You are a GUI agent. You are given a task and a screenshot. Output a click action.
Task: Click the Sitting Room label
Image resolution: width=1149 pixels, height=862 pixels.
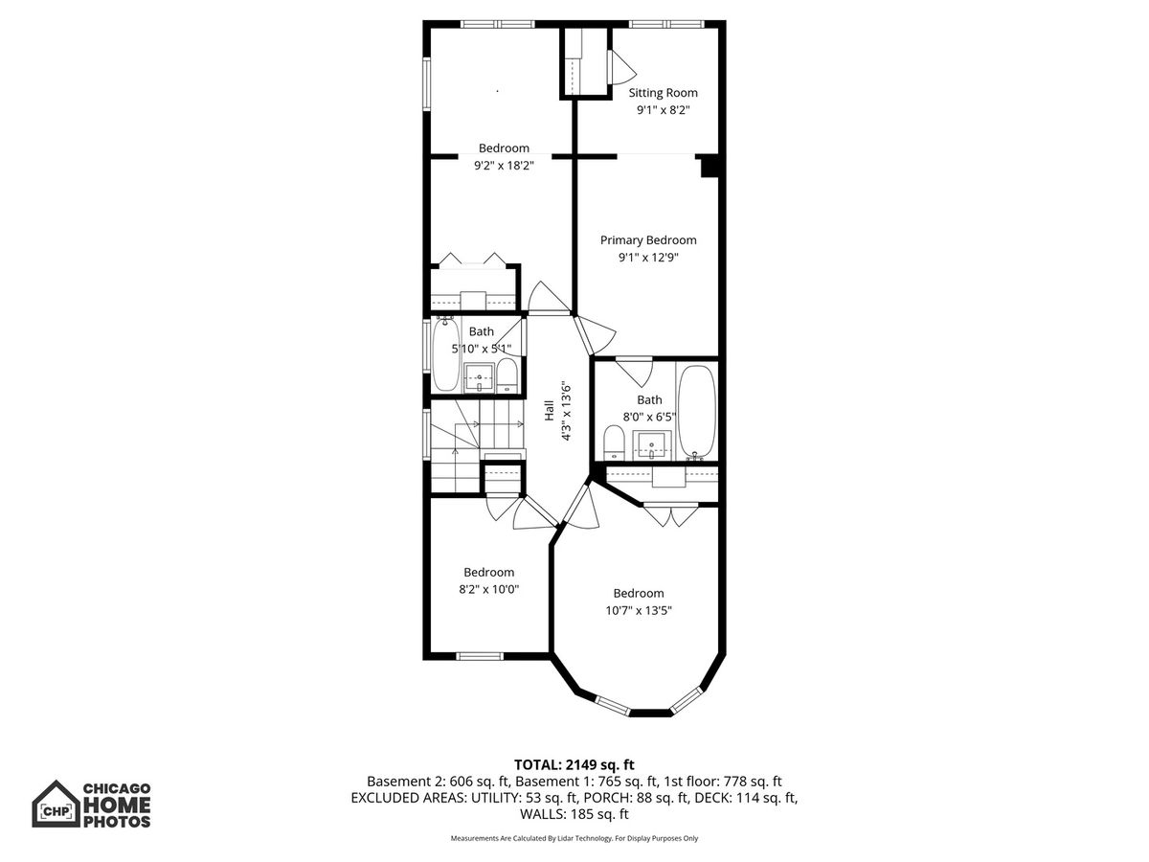(663, 93)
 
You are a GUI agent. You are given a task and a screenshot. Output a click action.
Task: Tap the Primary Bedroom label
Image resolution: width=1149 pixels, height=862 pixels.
(648, 240)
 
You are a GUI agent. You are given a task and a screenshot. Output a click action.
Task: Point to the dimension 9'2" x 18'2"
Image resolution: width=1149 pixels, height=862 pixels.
(504, 166)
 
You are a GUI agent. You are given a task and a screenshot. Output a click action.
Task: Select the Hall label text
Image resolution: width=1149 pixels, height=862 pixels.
(549, 410)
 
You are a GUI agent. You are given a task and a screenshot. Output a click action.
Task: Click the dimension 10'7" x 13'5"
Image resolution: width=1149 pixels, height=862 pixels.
(638, 610)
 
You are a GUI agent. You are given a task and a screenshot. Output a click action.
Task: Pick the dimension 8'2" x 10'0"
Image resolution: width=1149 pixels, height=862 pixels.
(488, 589)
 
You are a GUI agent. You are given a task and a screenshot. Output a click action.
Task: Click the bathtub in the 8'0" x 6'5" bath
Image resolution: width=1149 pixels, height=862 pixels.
(697, 413)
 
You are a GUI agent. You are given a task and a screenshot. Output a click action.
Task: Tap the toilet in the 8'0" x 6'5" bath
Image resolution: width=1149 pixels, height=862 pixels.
(614, 442)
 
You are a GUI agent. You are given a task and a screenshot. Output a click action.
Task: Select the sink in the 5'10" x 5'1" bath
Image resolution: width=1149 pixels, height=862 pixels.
(479, 378)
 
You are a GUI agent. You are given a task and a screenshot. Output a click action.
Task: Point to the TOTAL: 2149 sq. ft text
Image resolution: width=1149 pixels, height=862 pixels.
(574, 764)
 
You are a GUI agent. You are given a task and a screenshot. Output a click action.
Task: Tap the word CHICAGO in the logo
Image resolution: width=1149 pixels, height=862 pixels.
(117, 788)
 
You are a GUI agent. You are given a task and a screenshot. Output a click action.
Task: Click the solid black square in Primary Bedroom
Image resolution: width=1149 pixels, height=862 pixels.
(710, 167)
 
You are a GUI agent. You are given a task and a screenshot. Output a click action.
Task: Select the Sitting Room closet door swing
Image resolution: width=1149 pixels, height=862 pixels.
(621, 67)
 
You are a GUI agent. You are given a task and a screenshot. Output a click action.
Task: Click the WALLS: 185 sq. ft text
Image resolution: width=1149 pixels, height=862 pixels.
(574, 814)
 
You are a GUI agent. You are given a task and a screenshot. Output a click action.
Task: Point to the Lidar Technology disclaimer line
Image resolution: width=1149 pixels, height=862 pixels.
(574, 838)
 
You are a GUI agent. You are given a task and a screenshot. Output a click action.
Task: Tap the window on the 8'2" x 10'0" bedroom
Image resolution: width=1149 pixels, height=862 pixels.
(480, 656)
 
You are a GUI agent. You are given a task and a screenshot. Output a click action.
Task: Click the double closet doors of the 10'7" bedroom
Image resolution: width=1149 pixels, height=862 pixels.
(670, 515)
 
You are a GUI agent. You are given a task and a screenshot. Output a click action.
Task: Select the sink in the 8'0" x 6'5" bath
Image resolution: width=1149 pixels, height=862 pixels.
(651, 445)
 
